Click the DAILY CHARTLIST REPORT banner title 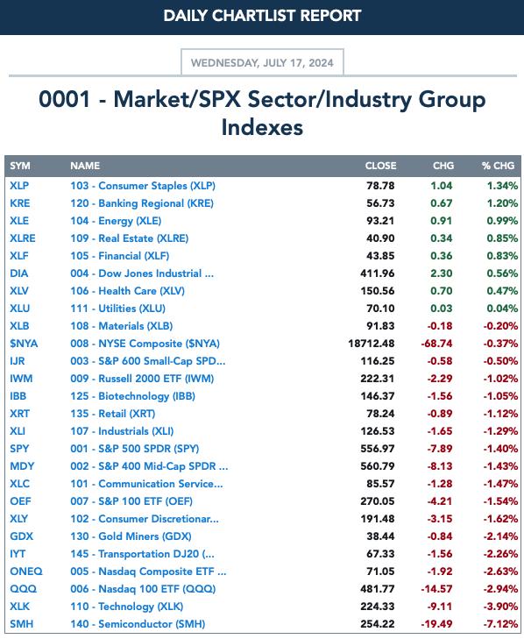[262, 16]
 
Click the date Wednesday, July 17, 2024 [262, 63]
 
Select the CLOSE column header [380, 166]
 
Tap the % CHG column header [498, 166]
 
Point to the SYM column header [20, 166]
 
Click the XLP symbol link [19, 186]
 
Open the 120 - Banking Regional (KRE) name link [142, 203]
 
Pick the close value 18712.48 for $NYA [372, 344]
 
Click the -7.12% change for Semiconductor [500, 624]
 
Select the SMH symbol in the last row [22, 624]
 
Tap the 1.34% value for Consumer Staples [502, 186]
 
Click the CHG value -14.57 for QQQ [436, 589]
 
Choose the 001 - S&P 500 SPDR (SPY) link [134, 449]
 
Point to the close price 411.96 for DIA [378, 273]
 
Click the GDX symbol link [21, 536]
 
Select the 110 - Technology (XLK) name [127, 607]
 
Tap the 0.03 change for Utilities [442, 309]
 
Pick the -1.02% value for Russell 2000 [500, 379]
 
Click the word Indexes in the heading [262, 127]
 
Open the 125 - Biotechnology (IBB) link [132, 396]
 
